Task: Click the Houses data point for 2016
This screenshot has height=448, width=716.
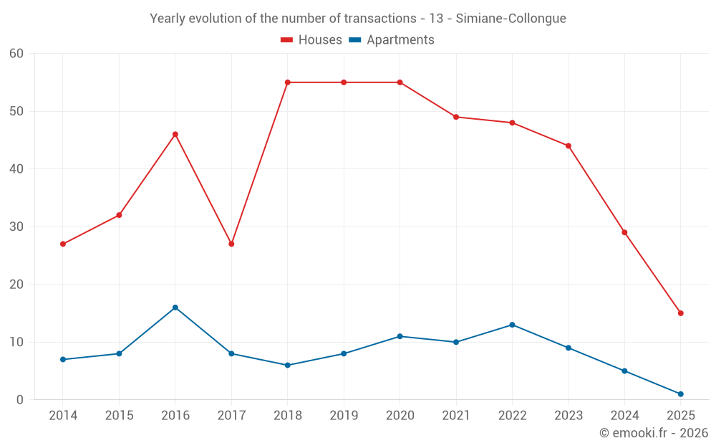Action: (x=175, y=134)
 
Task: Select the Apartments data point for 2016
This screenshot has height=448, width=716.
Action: (x=175, y=308)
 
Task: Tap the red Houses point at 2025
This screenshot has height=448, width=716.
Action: (x=680, y=313)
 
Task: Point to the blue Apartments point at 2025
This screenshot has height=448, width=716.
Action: (x=680, y=394)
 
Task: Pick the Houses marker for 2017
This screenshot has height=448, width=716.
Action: (x=231, y=244)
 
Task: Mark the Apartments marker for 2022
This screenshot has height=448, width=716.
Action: (x=512, y=325)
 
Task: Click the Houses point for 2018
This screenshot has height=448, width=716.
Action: (x=287, y=82)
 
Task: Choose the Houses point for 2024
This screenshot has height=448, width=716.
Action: (x=624, y=232)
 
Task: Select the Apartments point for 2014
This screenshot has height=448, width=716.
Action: (x=63, y=359)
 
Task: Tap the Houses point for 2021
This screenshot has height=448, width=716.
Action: (x=456, y=117)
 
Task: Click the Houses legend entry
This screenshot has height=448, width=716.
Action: (x=311, y=40)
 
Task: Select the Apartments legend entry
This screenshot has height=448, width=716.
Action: (x=392, y=40)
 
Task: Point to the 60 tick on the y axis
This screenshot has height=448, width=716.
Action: (x=16, y=54)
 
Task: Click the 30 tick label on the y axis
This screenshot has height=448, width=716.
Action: (x=16, y=227)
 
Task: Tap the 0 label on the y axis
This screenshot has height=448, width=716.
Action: (x=20, y=400)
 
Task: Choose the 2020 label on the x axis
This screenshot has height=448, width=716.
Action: (x=400, y=416)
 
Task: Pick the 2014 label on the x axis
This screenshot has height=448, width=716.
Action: (x=63, y=416)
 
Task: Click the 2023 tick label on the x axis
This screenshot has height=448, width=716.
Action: (x=569, y=416)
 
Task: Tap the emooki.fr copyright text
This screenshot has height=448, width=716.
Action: (x=653, y=433)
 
